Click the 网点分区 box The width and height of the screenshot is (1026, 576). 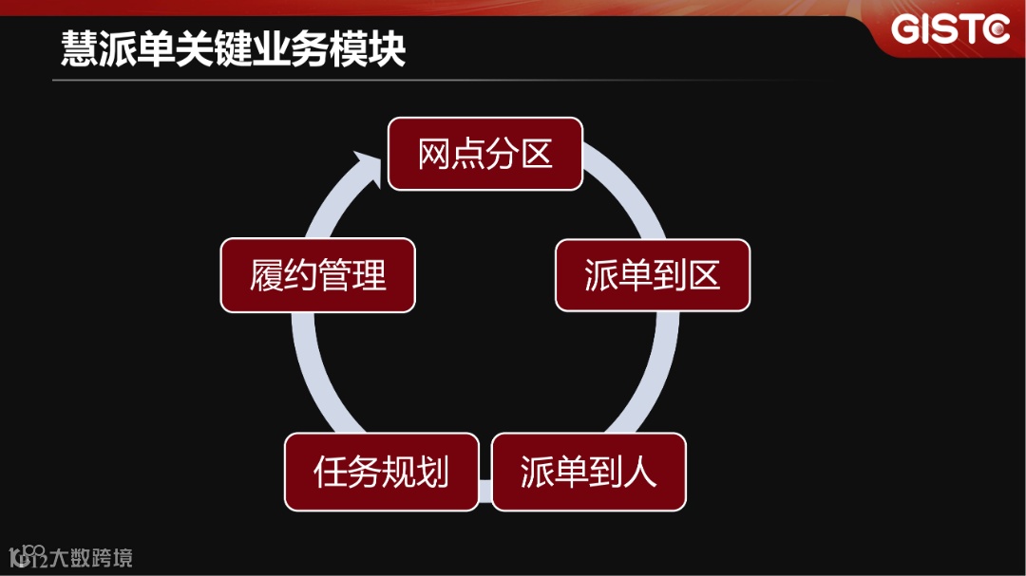click(484, 154)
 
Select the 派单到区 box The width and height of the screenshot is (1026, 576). click(653, 275)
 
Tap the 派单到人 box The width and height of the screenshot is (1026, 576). click(588, 472)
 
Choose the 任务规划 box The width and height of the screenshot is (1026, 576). click(381, 472)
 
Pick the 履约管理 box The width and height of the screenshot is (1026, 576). click(317, 275)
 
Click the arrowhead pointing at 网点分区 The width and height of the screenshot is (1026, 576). click(365, 165)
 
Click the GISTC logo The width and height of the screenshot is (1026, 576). click(950, 30)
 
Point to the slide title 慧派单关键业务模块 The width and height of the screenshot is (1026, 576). click(234, 48)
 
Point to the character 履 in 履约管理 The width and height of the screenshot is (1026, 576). click(267, 276)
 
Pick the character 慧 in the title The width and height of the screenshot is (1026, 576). click(78, 48)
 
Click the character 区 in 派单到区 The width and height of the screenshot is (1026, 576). click(704, 275)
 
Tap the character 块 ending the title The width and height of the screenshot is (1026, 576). click(389, 48)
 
